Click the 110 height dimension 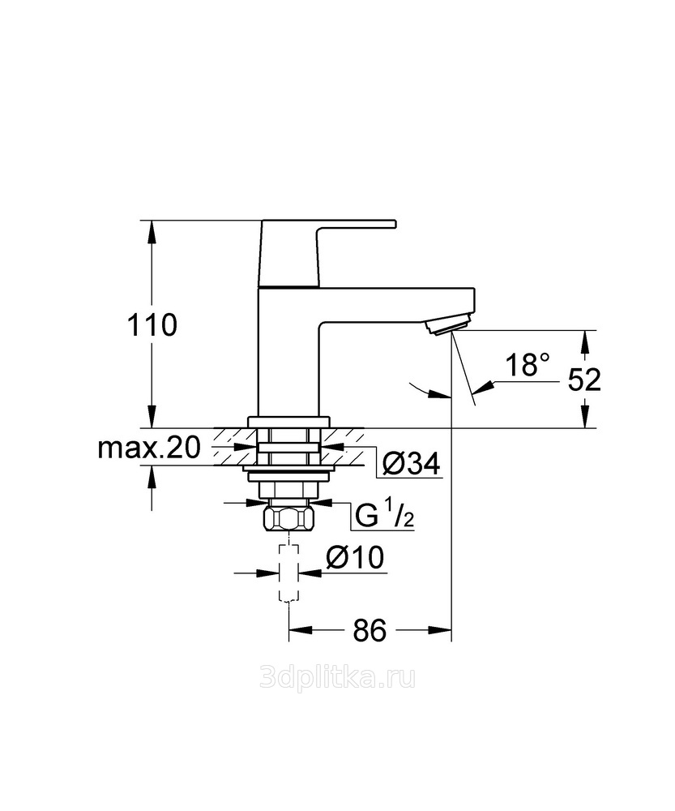(152, 325)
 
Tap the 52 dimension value (584, 380)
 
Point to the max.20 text (149, 448)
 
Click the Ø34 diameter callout (412, 463)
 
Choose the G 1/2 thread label (385, 515)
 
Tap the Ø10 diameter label (355, 558)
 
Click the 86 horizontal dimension (370, 630)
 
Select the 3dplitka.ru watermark (337, 677)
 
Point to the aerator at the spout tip (446, 326)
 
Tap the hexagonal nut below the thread (289, 518)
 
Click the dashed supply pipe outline (289, 573)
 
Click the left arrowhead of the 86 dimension (301, 629)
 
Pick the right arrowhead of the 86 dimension (439, 629)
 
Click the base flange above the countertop (289, 422)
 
